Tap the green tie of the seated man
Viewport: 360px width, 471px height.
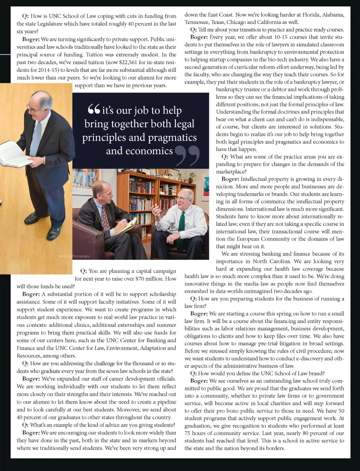pyautogui.click(x=181, y=225)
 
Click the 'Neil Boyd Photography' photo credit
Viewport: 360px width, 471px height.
pyautogui.click(x=74, y=256)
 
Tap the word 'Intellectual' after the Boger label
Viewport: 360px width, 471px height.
pyautogui.click(x=257, y=179)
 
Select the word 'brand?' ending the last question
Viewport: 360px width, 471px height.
pyautogui.click(x=315, y=373)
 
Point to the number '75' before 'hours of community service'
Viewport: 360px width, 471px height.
pyautogui.click(x=188, y=433)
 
